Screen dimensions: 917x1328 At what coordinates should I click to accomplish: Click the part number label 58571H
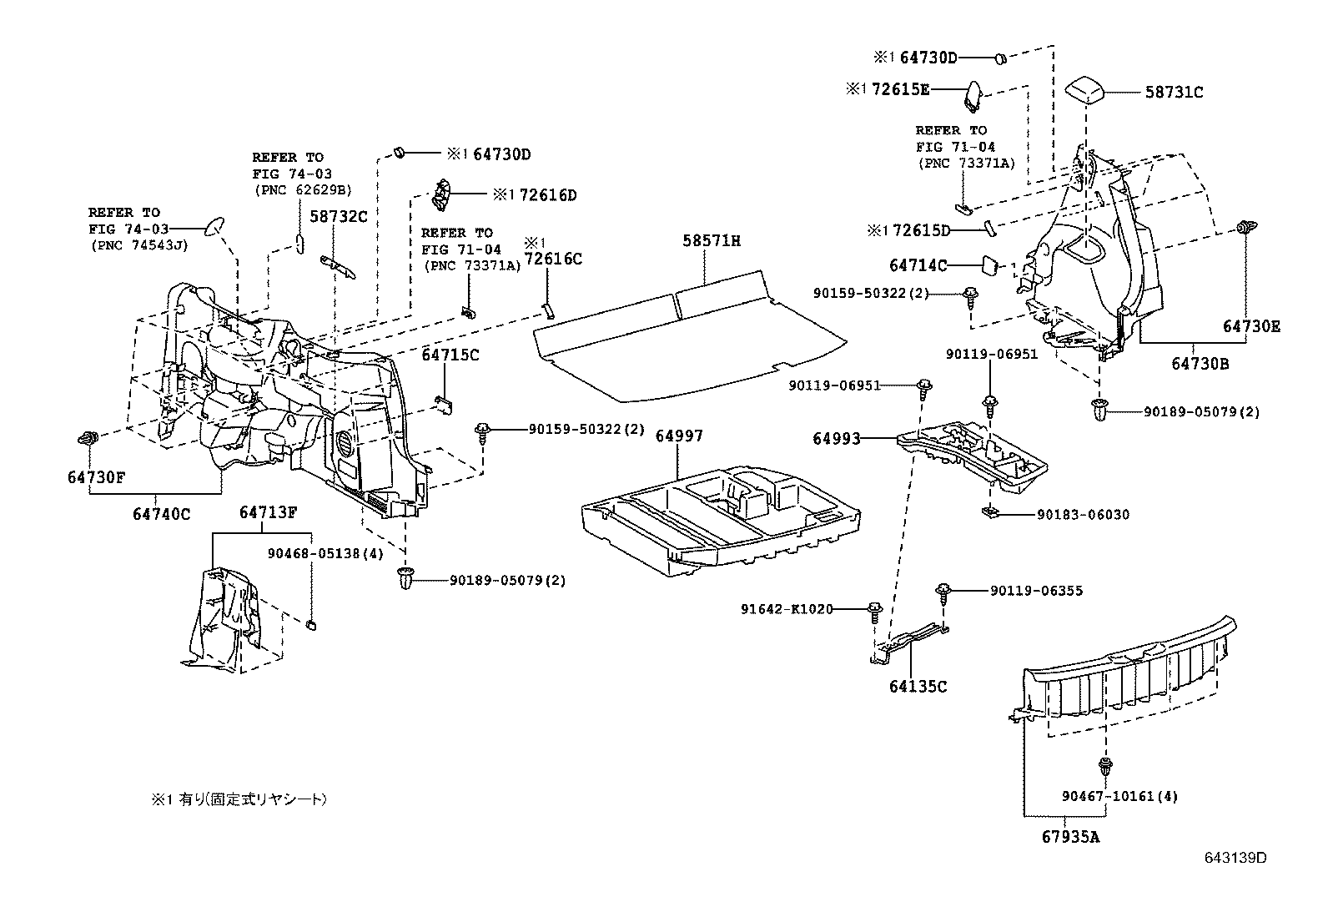pos(712,241)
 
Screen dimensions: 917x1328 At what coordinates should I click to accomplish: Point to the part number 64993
pos(837,438)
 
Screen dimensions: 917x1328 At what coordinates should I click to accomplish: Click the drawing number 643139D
pos(1235,858)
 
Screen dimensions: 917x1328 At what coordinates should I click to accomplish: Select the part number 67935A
pos(1069,836)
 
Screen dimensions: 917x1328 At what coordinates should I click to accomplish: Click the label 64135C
pos(918,687)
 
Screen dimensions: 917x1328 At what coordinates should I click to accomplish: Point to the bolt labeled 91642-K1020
pos(874,611)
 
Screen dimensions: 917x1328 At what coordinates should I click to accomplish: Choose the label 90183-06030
pos(1083,515)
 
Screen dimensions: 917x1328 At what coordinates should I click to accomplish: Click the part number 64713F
pos(269,512)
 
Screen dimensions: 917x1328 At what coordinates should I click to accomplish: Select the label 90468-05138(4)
pos(314,553)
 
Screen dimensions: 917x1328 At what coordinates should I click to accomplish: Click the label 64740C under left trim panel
pos(161,514)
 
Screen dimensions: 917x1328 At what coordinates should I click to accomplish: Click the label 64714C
pos(918,265)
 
